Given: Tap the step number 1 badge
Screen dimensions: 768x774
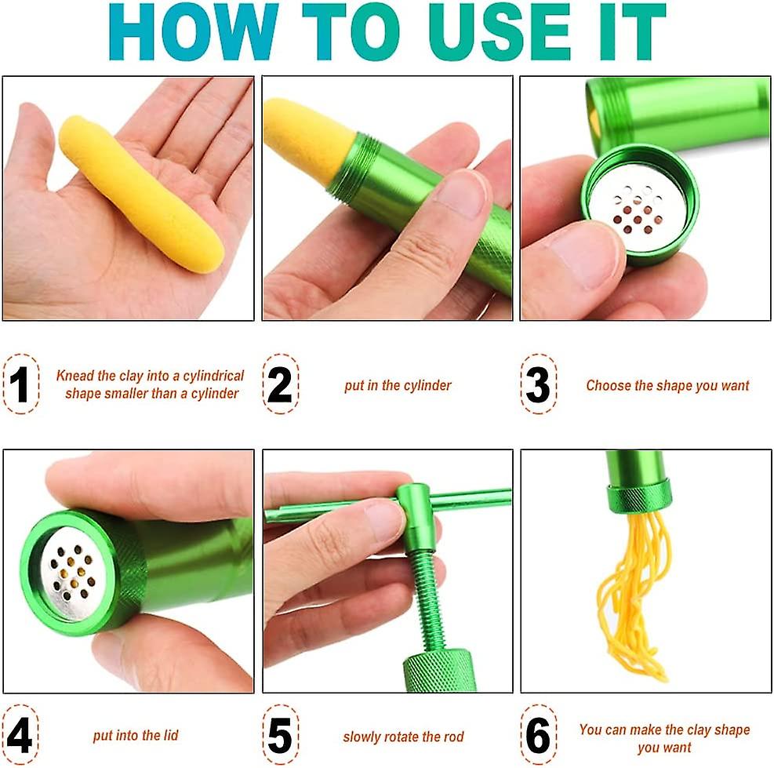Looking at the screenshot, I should click(x=20, y=384).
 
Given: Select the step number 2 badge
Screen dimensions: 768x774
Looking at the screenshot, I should click(x=280, y=384).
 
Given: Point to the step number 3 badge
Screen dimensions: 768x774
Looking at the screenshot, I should click(x=538, y=384).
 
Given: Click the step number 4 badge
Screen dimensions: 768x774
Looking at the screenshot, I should click(x=20, y=736).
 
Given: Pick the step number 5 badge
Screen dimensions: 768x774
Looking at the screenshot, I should click(x=280, y=736).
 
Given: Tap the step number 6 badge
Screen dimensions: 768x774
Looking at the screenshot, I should click(x=538, y=736).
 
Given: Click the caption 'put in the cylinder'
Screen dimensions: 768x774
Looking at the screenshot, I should click(x=398, y=385).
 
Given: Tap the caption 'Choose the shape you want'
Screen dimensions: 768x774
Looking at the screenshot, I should click(x=667, y=385).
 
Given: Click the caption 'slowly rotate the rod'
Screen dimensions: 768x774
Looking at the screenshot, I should click(x=403, y=737).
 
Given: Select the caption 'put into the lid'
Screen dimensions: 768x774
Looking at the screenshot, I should click(x=136, y=736).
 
